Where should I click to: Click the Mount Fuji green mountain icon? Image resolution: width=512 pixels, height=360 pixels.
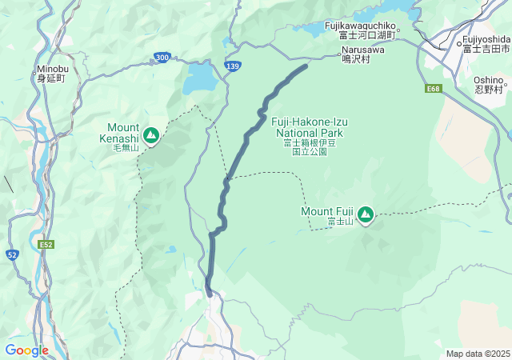tap(366, 214)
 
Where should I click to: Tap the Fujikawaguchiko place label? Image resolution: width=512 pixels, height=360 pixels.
tap(360, 30)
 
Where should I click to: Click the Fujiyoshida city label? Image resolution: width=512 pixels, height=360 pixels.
tap(486, 44)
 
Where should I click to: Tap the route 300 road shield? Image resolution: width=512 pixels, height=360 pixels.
tap(162, 58)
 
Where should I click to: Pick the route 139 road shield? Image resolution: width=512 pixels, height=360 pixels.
tap(233, 66)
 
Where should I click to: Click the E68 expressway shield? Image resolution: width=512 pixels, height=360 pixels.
tap(434, 89)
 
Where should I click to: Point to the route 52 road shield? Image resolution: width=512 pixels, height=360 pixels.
tap(12, 254)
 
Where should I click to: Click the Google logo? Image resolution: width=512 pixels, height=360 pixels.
tap(26, 350)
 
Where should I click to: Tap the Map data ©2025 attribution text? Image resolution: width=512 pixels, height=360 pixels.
tap(478, 354)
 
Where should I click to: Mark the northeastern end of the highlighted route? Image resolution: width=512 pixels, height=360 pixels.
tap(306, 66)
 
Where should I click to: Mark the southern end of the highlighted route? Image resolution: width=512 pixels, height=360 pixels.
tap(210, 294)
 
